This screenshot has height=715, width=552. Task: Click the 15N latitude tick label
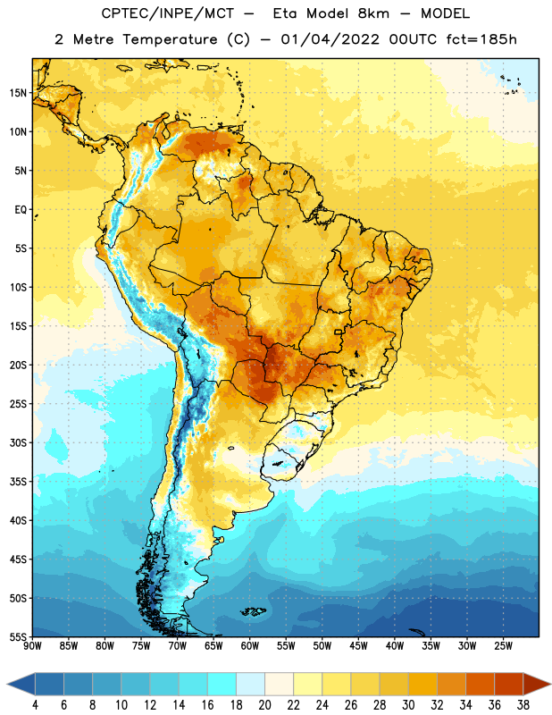click(18, 93)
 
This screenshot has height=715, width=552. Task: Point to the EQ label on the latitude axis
click(21, 210)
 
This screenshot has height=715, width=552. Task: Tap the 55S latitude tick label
click(18, 637)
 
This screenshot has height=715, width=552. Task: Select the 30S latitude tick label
click(18, 442)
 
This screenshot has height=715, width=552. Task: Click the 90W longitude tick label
click(32, 646)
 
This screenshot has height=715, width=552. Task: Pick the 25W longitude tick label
click(503, 646)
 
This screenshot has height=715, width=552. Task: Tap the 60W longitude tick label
click(250, 646)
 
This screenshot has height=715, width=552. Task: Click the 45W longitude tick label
click(359, 646)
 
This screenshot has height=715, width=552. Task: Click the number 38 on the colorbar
click(523, 705)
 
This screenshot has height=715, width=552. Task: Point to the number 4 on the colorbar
click(35, 705)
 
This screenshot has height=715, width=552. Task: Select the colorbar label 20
click(264, 705)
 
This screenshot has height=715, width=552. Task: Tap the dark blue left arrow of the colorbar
click(21, 684)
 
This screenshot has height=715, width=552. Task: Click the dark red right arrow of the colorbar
click(537, 684)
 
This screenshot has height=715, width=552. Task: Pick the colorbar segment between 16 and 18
click(222, 684)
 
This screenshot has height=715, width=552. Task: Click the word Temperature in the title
click(170, 39)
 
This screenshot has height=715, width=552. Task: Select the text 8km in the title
click(373, 13)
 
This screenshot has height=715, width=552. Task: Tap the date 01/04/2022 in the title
click(330, 39)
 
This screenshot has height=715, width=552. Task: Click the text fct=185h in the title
click(481, 39)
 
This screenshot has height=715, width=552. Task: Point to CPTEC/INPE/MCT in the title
click(167, 13)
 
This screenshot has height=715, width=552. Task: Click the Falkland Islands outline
click(253, 611)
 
